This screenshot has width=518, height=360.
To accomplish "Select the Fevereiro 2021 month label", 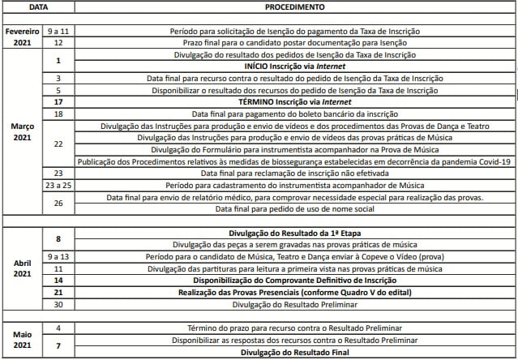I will pyautogui.click(x=22, y=36).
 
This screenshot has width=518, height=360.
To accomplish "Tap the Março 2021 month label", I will pyautogui.click(x=22, y=132).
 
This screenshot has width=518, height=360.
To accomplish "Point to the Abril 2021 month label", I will pyautogui.click(x=22, y=269).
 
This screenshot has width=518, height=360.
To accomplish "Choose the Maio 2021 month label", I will pyautogui.click(x=22, y=340).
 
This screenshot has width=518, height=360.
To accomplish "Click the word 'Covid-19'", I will pyautogui.click(x=490, y=161).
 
